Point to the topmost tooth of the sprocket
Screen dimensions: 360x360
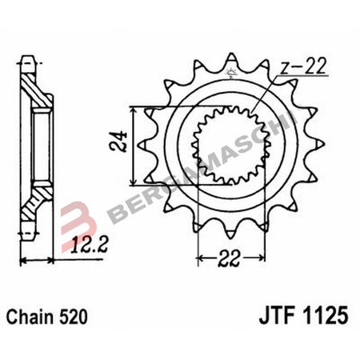(x=230, y=61)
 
